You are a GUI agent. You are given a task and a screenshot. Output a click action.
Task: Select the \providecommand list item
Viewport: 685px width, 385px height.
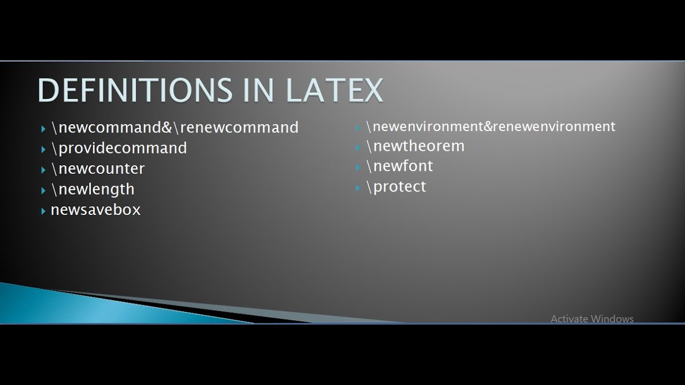click(119, 148)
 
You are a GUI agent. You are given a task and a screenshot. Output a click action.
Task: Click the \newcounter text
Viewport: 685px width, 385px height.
click(98, 168)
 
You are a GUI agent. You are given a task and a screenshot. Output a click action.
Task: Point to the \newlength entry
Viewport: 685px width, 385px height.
click(93, 189)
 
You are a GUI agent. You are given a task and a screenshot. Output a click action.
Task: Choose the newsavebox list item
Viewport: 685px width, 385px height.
click(95, 210)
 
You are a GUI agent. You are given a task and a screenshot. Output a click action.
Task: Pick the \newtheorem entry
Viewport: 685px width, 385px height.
click(415, 146)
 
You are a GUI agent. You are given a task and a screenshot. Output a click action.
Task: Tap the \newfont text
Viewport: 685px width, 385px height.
click(400, 166)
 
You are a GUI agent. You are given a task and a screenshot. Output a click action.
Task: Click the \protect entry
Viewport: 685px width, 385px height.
click(396, 187)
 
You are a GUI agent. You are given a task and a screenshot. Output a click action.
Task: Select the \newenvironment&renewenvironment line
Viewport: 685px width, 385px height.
click(491, 127)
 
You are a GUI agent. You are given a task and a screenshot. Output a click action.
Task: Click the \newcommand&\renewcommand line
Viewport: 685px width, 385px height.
click(175, 128)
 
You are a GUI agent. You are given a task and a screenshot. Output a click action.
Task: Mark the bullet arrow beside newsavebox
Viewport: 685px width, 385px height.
click(43, 211)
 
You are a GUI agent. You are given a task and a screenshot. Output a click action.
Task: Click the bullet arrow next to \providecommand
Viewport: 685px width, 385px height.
click(43, 149)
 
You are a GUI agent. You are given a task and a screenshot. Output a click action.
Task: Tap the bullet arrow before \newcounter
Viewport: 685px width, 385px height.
click(43, 170)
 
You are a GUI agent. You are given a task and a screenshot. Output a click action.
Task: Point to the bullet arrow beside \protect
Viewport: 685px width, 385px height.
click(358, 188)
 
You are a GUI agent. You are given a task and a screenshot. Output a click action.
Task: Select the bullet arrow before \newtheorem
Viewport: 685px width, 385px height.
click(358, 147)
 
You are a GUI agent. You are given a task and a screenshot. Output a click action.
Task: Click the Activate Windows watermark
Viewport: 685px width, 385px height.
click(592, 319)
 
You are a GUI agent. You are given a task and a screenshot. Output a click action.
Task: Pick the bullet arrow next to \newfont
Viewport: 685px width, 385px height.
click(358, 167)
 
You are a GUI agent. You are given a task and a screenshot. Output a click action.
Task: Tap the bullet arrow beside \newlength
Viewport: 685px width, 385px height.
click(43, 190)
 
